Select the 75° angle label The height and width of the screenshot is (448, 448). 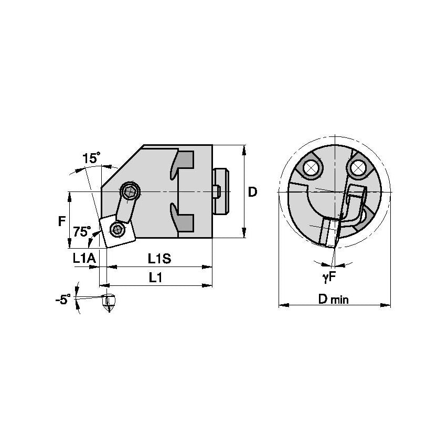click(x=82, y=231)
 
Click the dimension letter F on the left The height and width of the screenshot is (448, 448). click(x=61, y=221)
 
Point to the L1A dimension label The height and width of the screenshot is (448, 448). click(x=84, y=258)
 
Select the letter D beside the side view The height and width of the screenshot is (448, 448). click(x=253, y=192)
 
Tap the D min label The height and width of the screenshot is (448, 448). click(x=334, y=300)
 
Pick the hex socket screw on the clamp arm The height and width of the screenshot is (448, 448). click(x=130, y=190)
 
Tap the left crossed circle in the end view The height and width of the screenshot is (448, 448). click(x=310, y=167)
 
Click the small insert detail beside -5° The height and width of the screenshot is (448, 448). click(x=109, y=301)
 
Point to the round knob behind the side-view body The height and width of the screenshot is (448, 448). click(x=221, y=191)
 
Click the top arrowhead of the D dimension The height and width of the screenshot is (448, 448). click(x=244, y=148)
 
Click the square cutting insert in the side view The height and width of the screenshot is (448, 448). click(x=118, y=230)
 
